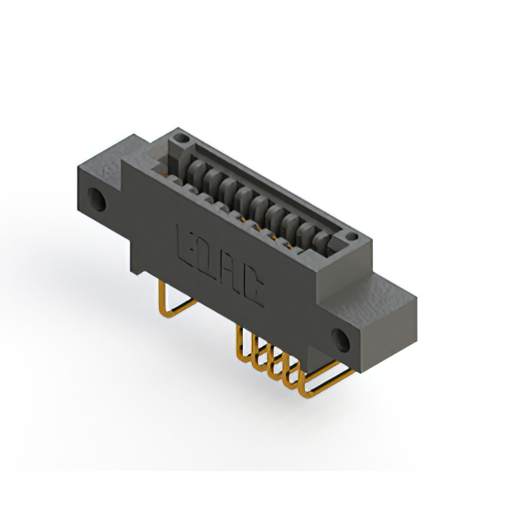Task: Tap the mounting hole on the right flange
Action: (341, 338)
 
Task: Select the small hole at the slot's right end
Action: (352, 237)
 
